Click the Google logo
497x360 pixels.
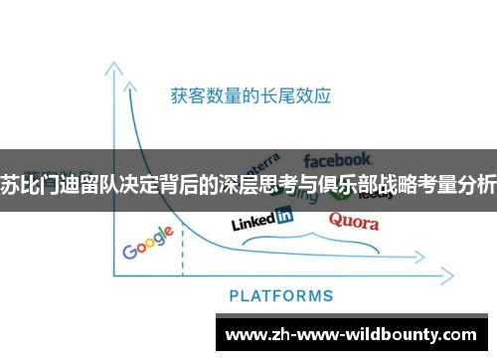click(x=148, y=242)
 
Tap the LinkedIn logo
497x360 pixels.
click(x=261, y=218)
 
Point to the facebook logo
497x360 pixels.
click(x=337, y=159)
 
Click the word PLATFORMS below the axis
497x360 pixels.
click(x=281, y=295)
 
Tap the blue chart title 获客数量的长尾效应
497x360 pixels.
click(x=249, y=96)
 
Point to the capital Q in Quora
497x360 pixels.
click(x=336, y=220)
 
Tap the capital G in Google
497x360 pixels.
click(x=130, y=249)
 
